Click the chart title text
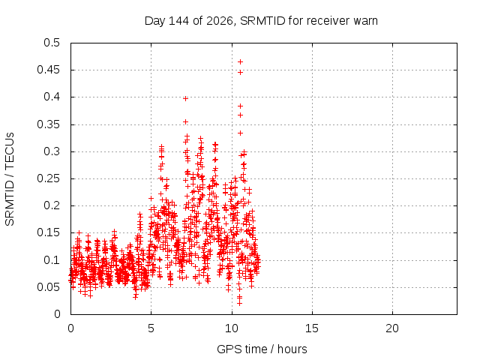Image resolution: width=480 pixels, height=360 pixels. (x=261, y=21)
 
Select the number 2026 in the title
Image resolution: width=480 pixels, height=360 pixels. (x=220, y=21)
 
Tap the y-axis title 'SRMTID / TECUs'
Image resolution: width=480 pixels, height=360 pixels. (x=10, y=179)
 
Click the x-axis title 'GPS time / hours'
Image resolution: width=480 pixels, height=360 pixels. (x=262, y=349)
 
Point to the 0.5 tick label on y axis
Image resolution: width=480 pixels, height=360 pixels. (x=52, y=43)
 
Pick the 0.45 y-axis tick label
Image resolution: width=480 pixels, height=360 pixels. (x=48, y=70)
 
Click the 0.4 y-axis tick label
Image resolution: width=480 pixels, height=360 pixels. (x=52, y=97)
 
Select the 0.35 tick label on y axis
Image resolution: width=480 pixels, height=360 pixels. (x=48, y=124)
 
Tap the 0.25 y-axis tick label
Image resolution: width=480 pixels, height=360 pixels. (x=48, y=178)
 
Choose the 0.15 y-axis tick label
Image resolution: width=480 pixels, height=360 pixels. (x=48, y=232)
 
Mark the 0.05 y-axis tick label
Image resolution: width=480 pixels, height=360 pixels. (x=48, y=287)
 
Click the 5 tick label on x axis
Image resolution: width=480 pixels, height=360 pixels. (x=151, y=328)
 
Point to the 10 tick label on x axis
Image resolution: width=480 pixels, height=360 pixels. (x=232, y=328)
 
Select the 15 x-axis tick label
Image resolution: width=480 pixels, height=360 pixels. (x=312, y=328)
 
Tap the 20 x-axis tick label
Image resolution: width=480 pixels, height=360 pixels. (x=392, y=328)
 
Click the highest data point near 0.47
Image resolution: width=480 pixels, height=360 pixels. (x=240, y=61)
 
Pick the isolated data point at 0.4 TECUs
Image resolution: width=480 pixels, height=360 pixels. (x=185, y=98)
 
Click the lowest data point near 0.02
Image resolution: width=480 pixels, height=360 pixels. (x=240, y=303)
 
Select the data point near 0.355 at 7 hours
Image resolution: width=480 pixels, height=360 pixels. (x=185, y=121)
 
